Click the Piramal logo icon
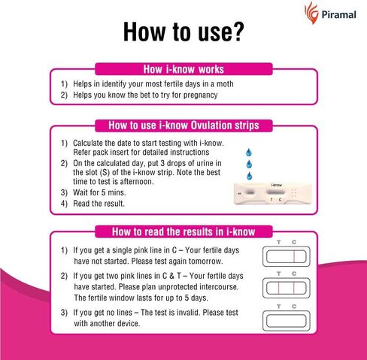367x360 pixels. pyautogui.click(x=311, y=13)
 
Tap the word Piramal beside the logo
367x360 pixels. pyautogui.click(x=338, y=14)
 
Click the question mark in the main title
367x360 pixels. pyautogui.click(x=238, y=32)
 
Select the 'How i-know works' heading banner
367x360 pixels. pyautogui.click(x=183, y=69)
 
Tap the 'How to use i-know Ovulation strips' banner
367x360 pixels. pyautogui.click(x=183, y=126)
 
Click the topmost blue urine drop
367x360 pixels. pyautogui.click(x=249, y=152)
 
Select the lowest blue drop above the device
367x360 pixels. pyautogui.click(x=249, y=176)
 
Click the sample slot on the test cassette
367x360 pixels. pyautogui.click(x=250, y=192)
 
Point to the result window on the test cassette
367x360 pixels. pyautogui.click(x=275, y=192)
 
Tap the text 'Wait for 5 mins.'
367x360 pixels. pyautogui.click(x=99, y=192)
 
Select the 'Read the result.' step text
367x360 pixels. pyautogui.click(x=99, y=204)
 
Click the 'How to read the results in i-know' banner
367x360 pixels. pyautogui.click(x=183, y=231)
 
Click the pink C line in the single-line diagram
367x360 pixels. pyautogui.click(x=294, y=257)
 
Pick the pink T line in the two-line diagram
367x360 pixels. pyautogui.click(x=278, y=288)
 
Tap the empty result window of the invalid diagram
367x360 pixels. pyautogui.click(x=287, y=321)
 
